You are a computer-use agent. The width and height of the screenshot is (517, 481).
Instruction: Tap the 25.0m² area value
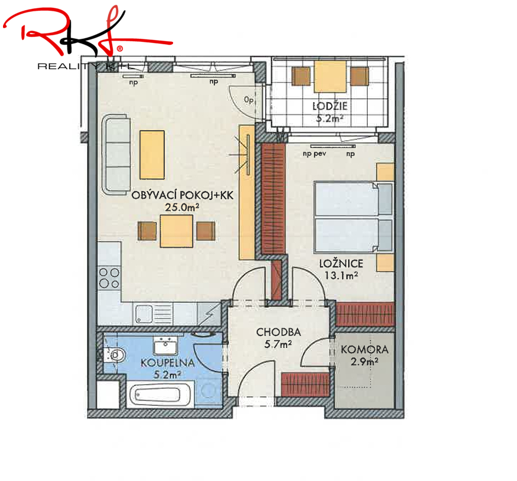tap(182, 207)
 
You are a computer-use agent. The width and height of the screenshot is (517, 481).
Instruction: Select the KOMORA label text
tap(364, 350)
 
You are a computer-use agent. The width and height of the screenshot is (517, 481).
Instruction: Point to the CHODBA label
tap(279, 332)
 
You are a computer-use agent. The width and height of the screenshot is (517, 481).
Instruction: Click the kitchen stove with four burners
tap(109, 278)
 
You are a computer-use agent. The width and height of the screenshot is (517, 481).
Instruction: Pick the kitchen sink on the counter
tap(153, 314)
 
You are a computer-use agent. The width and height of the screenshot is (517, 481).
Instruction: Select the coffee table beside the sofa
tap(152, 155)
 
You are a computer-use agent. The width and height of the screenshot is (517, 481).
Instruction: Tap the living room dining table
tap(176, 231)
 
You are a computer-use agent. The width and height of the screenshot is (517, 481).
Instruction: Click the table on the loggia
tap(330, 76)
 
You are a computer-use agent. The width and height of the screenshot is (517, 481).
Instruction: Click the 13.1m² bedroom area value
tap(341, 276)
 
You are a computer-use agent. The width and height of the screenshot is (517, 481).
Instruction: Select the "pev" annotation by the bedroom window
tap(320, 153)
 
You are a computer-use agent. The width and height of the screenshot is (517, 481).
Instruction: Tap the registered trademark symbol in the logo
tap(119, 49)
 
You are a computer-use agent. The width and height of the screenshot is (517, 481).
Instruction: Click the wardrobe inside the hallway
tap(305, 384)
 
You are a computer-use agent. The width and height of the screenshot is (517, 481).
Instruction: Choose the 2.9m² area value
tap(364, 362)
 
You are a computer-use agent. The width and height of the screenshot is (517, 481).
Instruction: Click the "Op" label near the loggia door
tap(249, 99)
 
